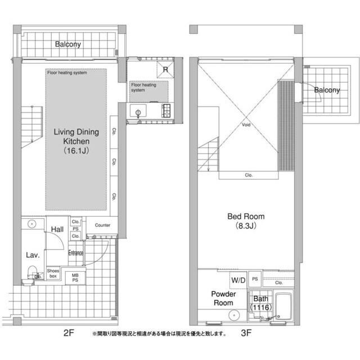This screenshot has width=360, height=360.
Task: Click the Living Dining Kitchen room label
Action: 76,141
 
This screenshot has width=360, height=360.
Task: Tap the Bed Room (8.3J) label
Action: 246,221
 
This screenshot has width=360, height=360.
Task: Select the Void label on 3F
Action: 246,125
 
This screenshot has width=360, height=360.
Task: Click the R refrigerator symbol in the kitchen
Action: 165,70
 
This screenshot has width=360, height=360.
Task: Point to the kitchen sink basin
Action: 138,111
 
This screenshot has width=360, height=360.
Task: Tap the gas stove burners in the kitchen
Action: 166,111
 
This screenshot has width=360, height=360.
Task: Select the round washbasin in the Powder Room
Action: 234,315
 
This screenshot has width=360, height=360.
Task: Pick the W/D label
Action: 238,280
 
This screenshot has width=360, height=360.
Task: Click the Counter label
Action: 102,225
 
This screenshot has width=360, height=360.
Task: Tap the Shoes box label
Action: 53,273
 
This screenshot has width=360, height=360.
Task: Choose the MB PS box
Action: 75,277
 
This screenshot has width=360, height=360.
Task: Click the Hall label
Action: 57,229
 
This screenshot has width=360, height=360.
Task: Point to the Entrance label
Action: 75,253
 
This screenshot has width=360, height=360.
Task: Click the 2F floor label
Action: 69,332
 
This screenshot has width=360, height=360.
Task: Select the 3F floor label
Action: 246,332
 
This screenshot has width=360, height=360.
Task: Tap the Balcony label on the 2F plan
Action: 68,44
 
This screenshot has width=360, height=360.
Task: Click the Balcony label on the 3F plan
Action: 327,90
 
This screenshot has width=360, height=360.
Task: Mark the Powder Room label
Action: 223,298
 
